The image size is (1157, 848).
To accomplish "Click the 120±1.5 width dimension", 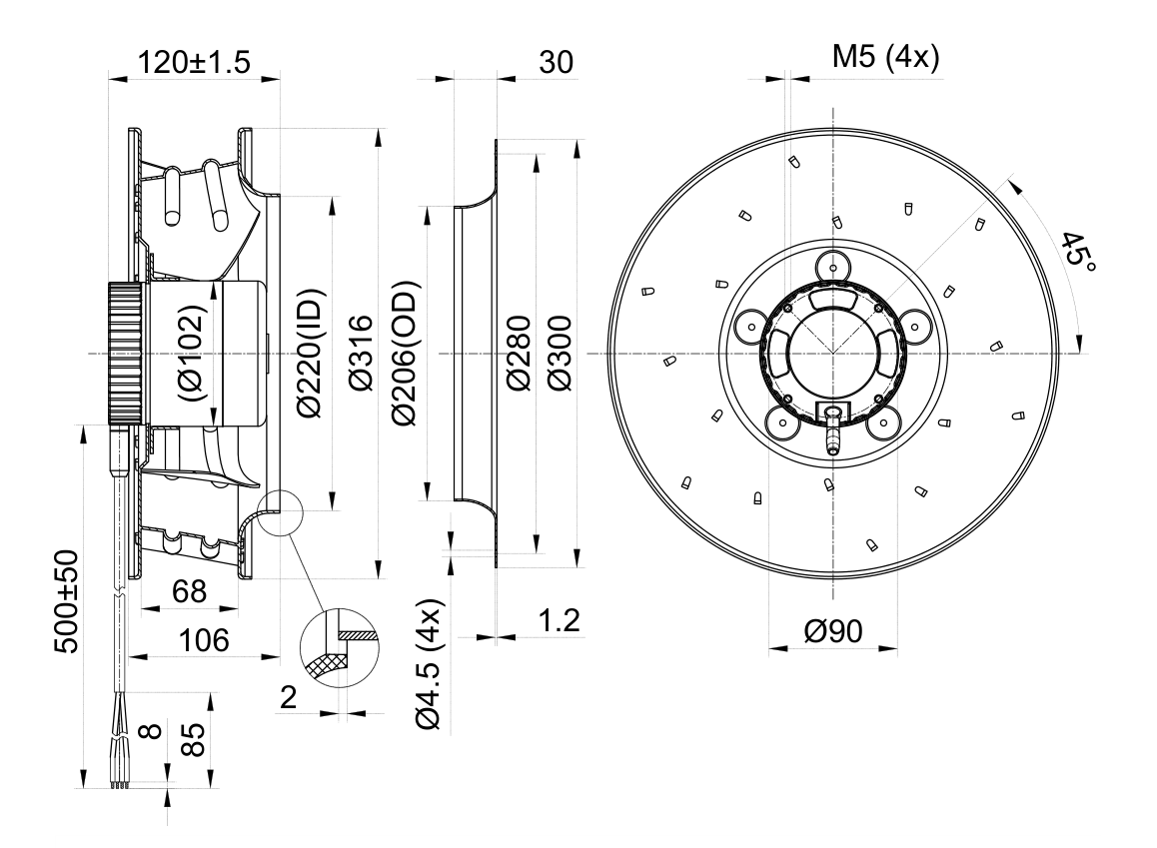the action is (x=195, y=62).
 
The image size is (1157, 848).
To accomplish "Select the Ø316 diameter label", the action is (x=361, y=354).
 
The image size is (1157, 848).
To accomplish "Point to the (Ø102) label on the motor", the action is (x=192, y=354).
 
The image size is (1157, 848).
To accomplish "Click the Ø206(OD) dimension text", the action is (x=405, y=354).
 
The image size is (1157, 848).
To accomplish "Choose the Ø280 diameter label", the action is (x=518, y=354).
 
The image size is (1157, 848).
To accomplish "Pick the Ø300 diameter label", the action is (x=561, y=354).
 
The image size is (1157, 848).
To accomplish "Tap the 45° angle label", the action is (x=1077, y=250).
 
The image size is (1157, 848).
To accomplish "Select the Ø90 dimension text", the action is (x=833, y=631).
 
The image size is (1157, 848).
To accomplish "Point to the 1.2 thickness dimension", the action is (x=559, y=621).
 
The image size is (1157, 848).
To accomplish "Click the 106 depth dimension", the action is (x=205, y=641).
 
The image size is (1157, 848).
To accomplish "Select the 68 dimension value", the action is (x=189, y=591).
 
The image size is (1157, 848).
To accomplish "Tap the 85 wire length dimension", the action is (x=192, y=739).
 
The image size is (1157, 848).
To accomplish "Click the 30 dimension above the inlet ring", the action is (x=556, y=63).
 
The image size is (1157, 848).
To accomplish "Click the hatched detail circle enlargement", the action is (x=340, y=648).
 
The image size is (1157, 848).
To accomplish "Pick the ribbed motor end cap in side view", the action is (x=126, y=354).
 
